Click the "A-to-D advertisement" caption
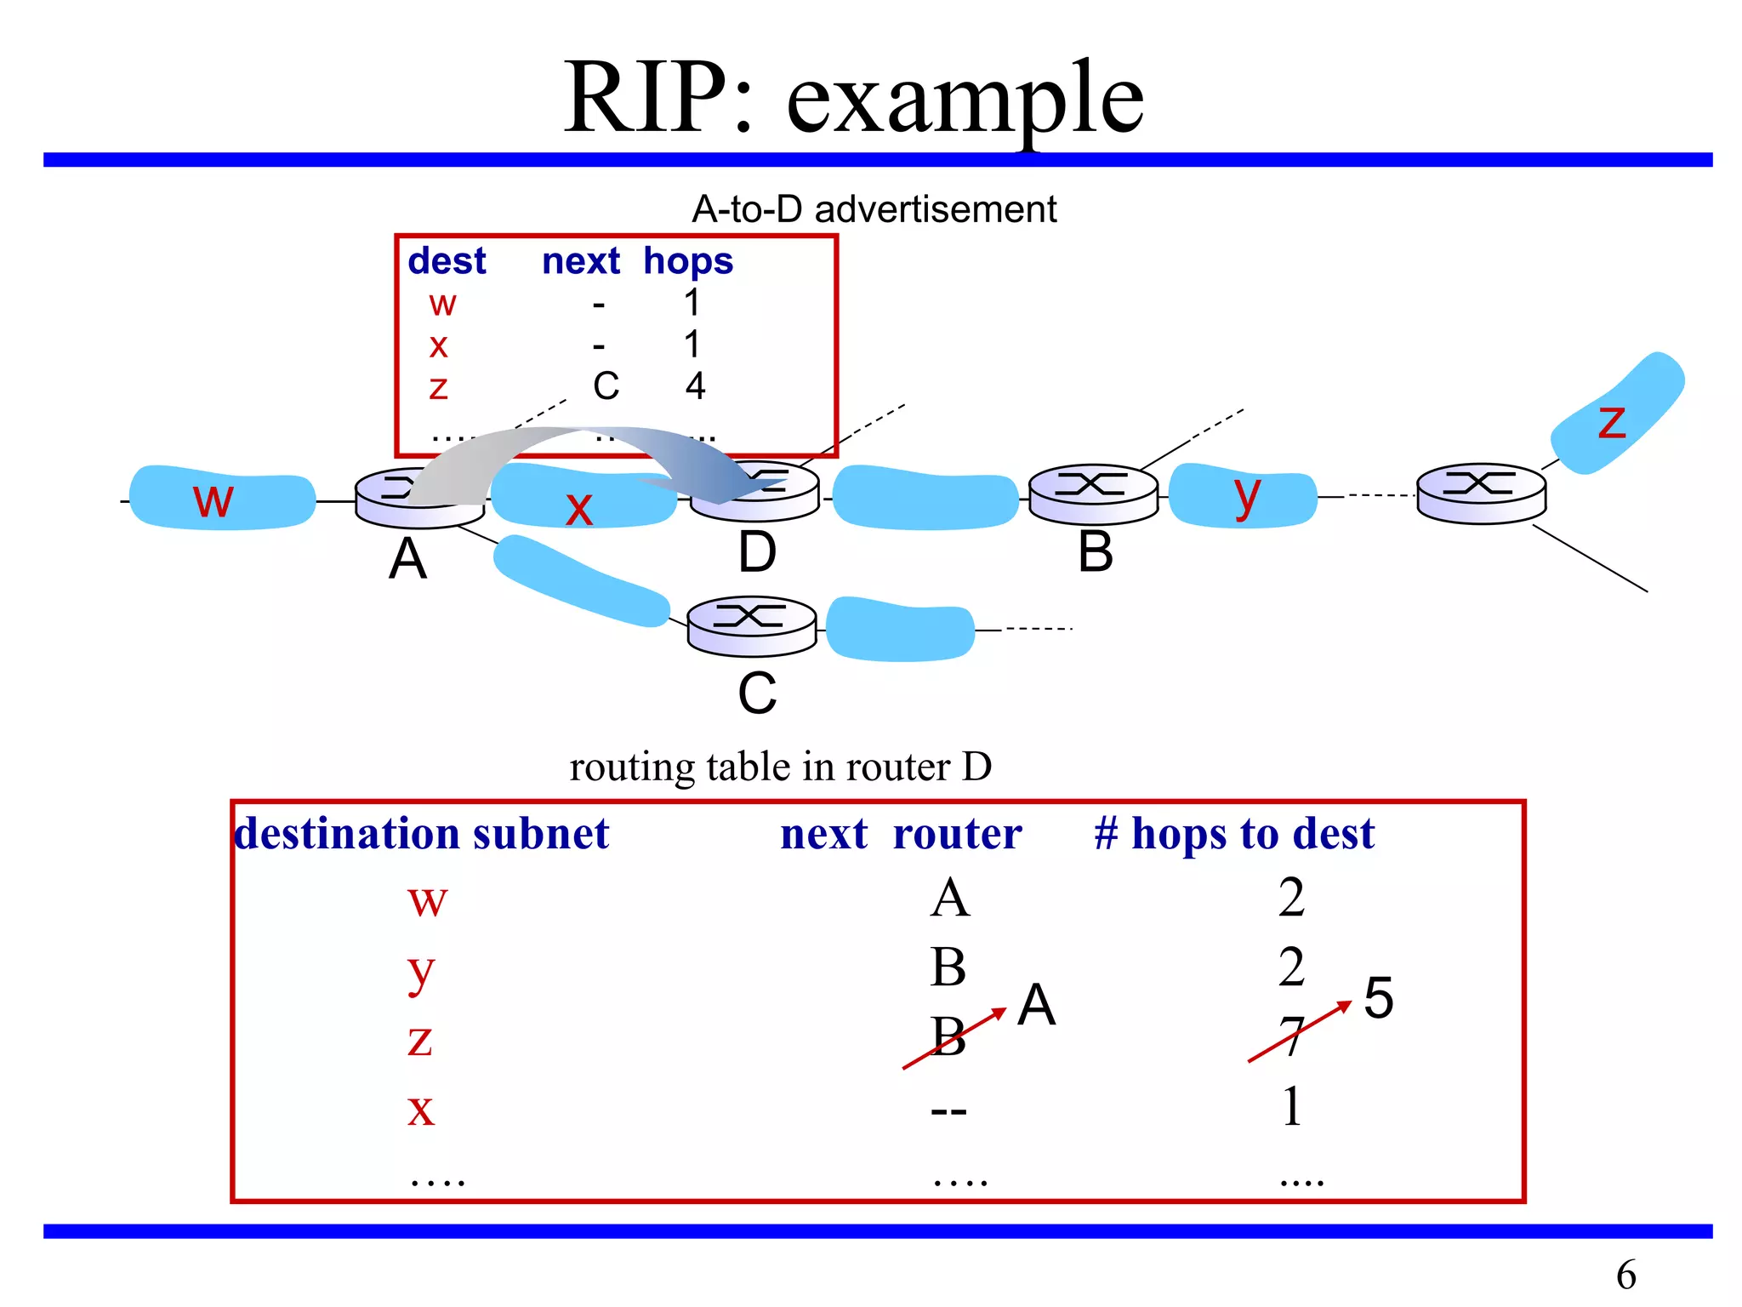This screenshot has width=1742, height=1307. point(874,209)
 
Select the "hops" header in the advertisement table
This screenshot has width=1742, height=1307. point(687,261)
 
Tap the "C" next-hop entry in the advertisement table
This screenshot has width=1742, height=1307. point(606,386)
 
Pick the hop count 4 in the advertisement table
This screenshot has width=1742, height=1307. point(695,386)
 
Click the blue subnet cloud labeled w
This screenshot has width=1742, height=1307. point(222,499)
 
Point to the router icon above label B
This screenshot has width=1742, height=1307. point(1093,494)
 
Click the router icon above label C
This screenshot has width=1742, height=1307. point(751,625)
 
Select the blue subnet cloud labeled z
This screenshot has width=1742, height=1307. point(1616,414)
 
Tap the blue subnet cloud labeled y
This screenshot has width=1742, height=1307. point(1243,496)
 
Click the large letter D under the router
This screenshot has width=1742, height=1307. point(756,552)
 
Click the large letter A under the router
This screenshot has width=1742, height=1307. point(407,559)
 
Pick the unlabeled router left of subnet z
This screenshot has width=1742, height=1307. point(1481,493)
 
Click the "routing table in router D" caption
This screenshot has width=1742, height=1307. point(780,767)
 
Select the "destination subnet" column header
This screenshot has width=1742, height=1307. point(422,833)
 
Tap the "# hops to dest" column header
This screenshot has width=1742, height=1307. point(1233,833)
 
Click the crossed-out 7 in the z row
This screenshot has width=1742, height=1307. point(1291,1036)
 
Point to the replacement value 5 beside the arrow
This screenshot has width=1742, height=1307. point(1378,997)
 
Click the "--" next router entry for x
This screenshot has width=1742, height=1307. point(948,1110)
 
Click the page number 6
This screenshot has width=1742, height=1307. point(1625,1274)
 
